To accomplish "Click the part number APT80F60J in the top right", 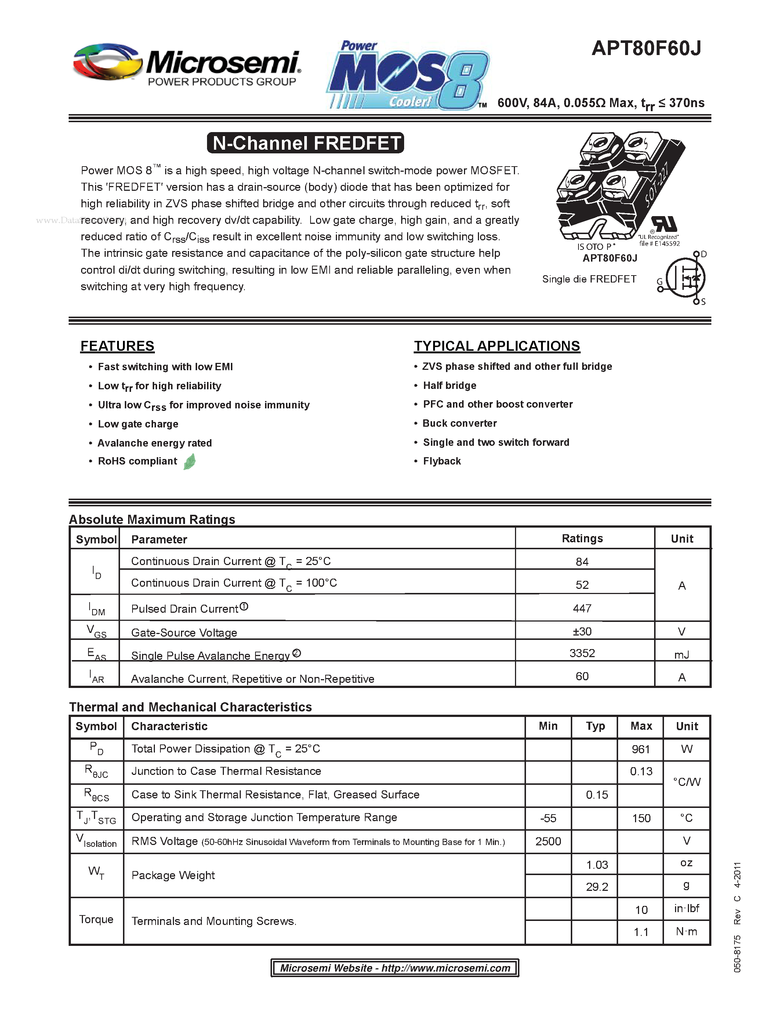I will [646, 48].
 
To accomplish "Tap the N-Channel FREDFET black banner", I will [305, 143].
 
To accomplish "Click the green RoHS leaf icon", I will [189, 462].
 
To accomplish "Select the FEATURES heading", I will [117, 346].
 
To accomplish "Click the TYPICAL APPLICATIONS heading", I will [497, 346].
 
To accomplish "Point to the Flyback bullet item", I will [442, 461].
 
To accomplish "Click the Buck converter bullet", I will [459, 423].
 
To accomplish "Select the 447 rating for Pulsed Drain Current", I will [582, 608].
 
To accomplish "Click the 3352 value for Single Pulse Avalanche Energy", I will [582, 653].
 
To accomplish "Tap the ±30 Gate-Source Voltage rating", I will [582, 631].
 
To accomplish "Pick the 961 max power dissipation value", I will [641, 749].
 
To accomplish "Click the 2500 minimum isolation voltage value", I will [548, 841].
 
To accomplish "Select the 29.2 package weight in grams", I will [596, 886].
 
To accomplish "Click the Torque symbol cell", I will [96, 919].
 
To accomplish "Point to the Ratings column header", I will [582, 538].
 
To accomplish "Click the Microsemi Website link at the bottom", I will [395, 968].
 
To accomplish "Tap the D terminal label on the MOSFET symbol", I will [703, 254].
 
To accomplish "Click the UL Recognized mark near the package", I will [664, 225].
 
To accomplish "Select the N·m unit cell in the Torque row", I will [686, 932].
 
